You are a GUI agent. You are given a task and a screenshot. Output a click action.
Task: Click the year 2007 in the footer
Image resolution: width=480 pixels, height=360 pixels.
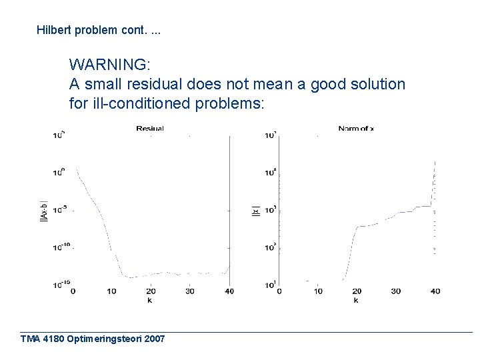(153, 339)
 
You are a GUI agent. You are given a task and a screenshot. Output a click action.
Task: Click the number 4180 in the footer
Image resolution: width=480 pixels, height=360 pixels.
(54, 339)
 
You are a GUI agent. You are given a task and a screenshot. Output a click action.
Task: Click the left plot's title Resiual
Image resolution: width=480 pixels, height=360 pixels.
(150, 129)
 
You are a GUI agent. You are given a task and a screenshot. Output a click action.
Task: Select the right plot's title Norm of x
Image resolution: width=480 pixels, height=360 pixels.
(356, 129)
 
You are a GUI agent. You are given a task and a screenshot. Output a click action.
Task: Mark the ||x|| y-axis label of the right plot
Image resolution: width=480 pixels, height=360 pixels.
(255, 211)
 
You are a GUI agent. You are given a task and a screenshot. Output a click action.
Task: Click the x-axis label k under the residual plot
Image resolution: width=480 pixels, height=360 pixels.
(150, 300)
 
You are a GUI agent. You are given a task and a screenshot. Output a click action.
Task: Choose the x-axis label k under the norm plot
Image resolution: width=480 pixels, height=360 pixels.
(356, 300)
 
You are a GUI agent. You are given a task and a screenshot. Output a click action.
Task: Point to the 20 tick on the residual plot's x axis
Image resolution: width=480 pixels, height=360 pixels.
(151, 291)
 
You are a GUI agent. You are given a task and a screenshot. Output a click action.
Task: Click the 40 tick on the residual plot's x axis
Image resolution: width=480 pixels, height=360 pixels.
(229, 291)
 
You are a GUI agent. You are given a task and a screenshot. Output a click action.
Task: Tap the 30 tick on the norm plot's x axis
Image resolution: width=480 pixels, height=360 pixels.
(396, 291)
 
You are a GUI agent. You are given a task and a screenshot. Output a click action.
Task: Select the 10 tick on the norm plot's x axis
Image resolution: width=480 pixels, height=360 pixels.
(318, 291)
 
